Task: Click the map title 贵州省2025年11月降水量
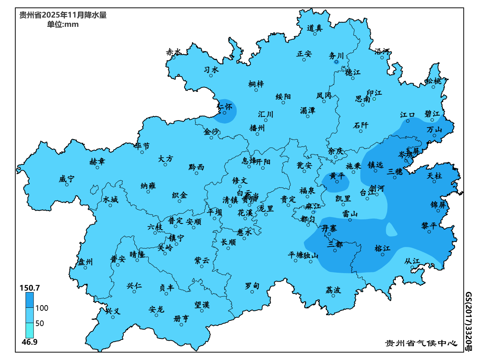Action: (63, 15)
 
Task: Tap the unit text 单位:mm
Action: (63, 25)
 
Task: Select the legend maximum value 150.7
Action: (29, 288)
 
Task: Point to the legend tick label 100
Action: (42, 308)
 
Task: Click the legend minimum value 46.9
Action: (29, 342)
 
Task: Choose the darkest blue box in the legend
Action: (29, 300)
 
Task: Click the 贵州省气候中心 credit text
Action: (421, 343)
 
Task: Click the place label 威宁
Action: (67, 179)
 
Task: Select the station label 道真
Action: (315, 28)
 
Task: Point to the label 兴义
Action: (113, 311)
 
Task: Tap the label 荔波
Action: (333, 290)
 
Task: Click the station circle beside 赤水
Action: (173, 57)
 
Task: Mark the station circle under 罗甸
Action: (252, 292)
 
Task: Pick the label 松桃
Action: (434, 81)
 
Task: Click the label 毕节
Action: (142, 146)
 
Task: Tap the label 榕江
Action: (382, 248)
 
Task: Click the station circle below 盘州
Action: (85, 267)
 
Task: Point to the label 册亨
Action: (181, 319)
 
